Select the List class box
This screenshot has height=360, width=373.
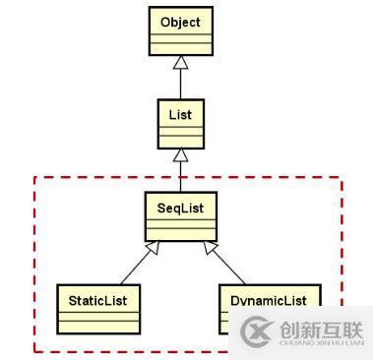click(181, 124)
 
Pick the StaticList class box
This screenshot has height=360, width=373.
click(98, 307)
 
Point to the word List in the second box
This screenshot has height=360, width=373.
click(181, 113)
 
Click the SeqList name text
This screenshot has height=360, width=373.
click(180, 207)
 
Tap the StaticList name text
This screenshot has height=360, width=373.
click(98, 298)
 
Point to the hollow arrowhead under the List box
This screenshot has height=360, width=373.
click(181, 155)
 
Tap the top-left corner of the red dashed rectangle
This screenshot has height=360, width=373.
click(35, 178)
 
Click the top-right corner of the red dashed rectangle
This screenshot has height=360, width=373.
click(342, 178)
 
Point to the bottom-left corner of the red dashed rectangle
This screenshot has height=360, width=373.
click(35, 350)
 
